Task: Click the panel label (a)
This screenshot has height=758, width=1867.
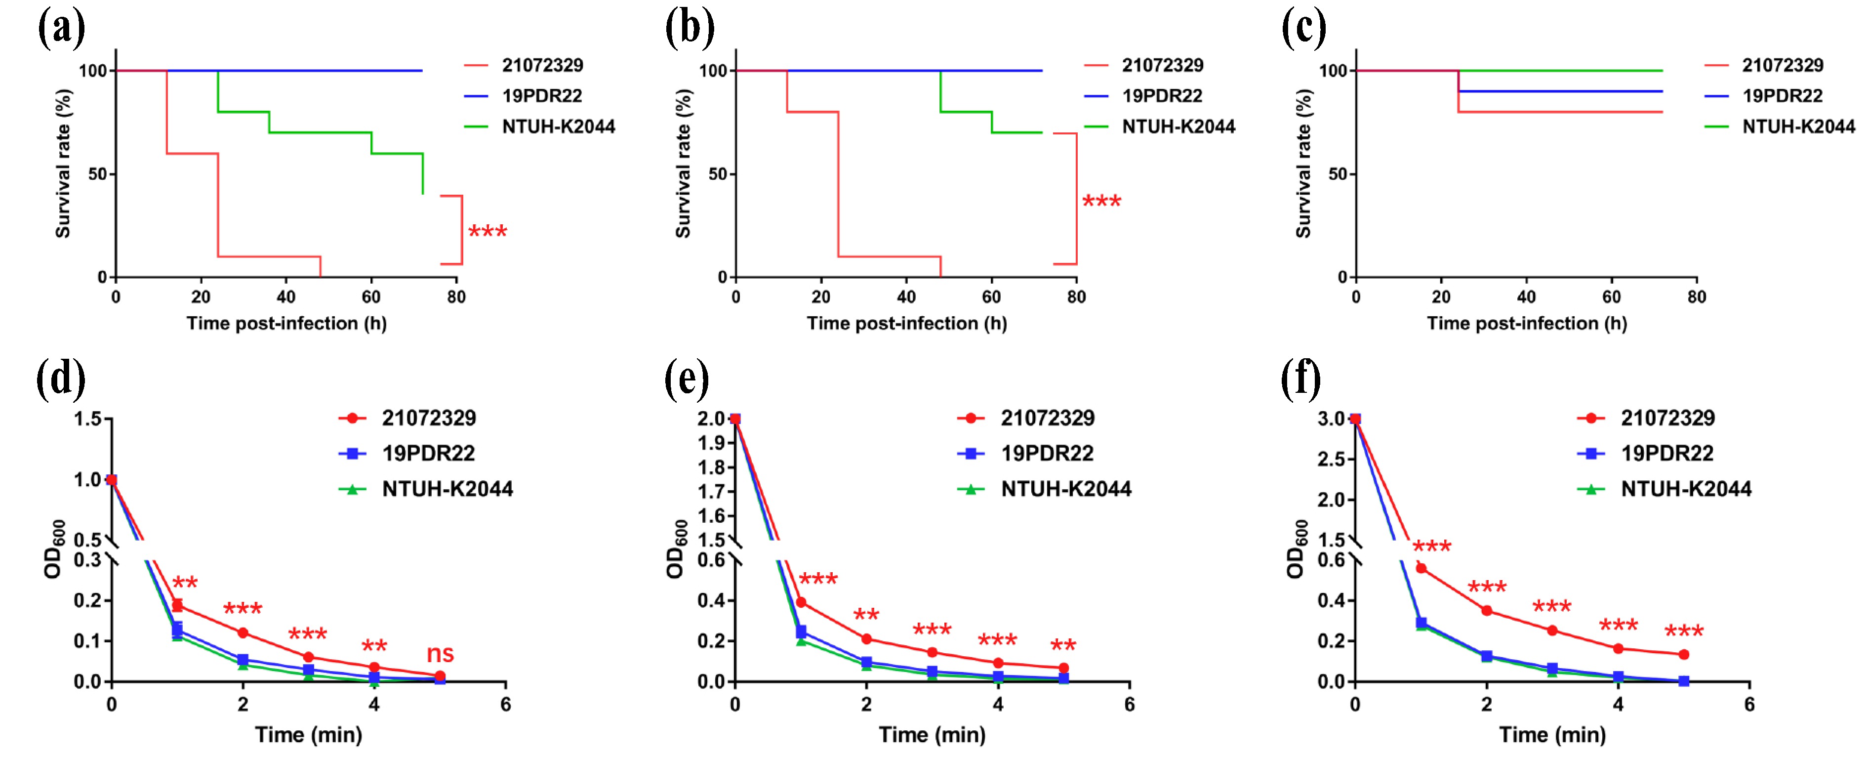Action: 61,29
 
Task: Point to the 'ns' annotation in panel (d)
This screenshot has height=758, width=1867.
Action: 440,654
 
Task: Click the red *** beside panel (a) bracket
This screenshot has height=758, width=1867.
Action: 488,233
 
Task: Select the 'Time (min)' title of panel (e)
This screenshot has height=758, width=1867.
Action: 932,735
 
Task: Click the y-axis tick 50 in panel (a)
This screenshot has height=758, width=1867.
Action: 97,174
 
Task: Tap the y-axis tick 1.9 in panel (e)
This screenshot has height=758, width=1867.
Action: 712,442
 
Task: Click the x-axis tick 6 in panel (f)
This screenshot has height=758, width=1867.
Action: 1749,704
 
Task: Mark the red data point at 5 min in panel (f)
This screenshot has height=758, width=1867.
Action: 1684,654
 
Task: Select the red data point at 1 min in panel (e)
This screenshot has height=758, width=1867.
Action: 801,602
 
